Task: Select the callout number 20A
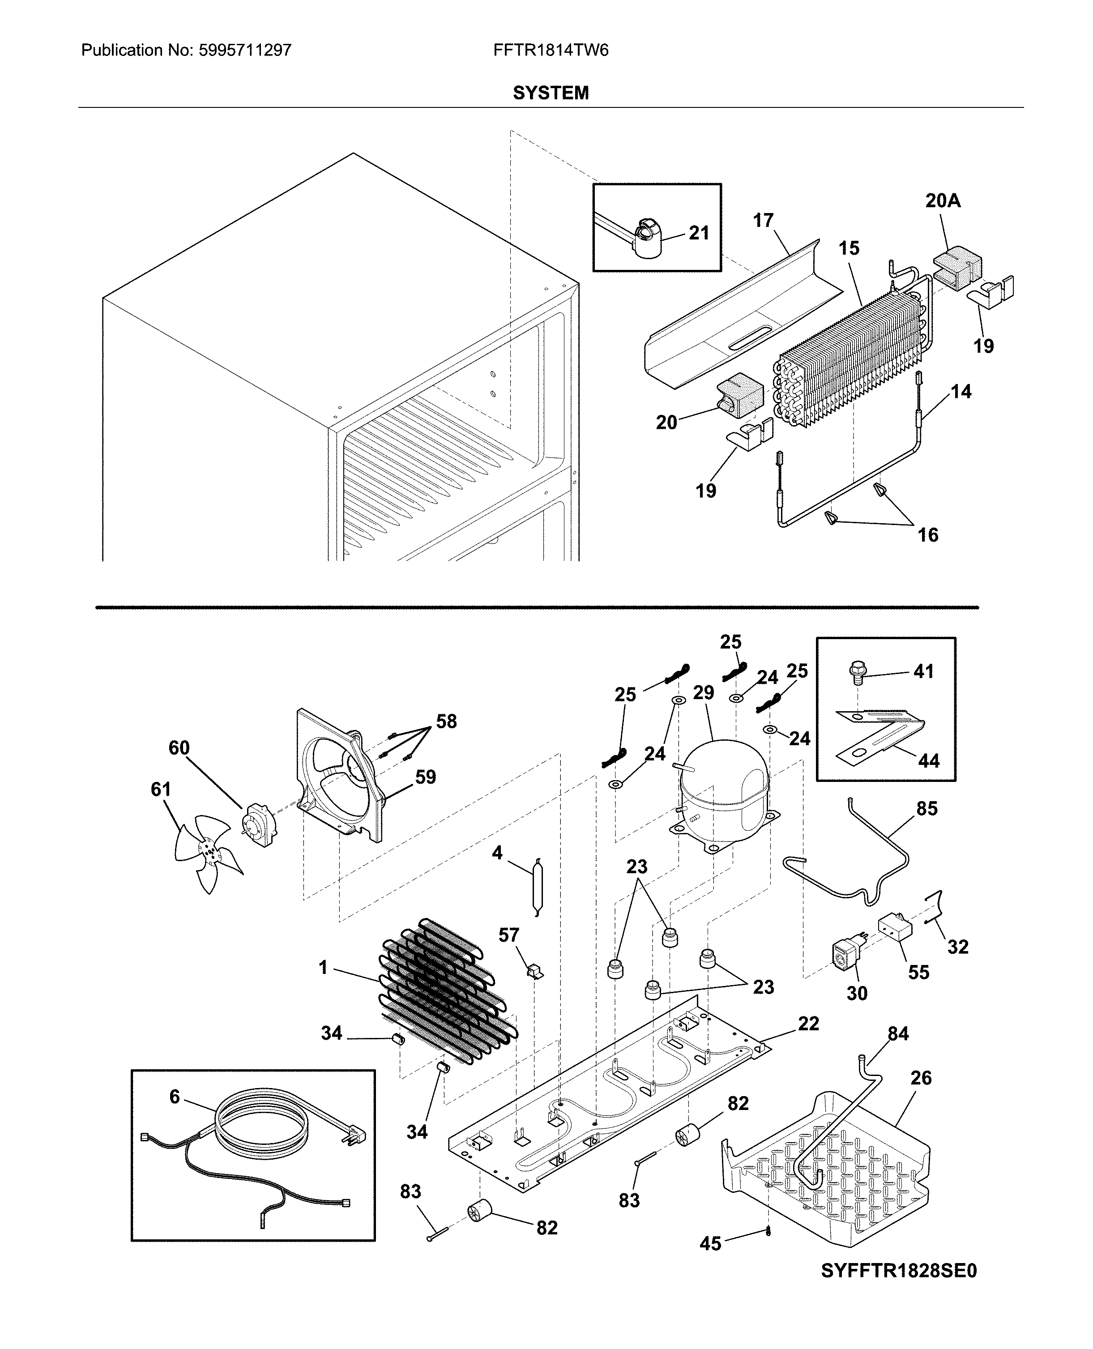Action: (x=943, y=201)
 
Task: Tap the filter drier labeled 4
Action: (x=536, y=887)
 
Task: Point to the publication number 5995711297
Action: (x=245, y=51)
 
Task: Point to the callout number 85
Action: (x=927, y=808)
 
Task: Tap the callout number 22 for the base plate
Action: (x=808, y=1024)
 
